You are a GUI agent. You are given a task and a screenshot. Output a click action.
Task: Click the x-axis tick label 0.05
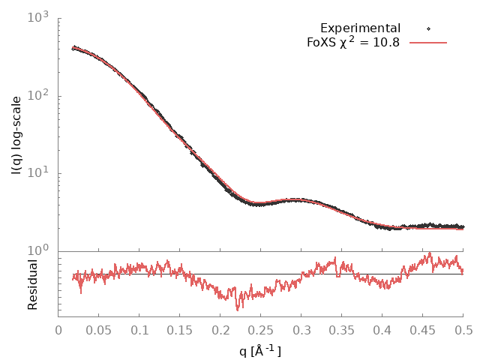click(99, 328)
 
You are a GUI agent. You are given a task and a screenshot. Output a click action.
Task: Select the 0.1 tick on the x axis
click(139, 328)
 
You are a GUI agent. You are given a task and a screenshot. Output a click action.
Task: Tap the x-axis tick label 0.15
click(180, 328)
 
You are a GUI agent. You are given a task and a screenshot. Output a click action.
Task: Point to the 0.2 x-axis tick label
click(220, 328)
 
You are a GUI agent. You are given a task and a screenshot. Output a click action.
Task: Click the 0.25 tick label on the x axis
click(261, 328)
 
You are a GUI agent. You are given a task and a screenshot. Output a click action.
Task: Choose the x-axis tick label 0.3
click(301, 328)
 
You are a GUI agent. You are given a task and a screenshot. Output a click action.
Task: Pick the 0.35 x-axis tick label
click(342, 328)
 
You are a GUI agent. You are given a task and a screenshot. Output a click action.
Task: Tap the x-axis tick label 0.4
click(382, 328)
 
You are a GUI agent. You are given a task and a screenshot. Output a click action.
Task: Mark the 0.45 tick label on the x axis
click(423, 328)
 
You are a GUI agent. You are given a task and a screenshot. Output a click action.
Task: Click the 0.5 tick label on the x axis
click(463, 328)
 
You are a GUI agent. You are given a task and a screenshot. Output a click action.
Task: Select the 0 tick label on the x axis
click(58, 328)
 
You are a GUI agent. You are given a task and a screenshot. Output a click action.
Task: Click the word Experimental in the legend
click(360, 28)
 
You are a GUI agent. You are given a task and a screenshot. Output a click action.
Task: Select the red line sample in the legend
click(428, 43)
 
